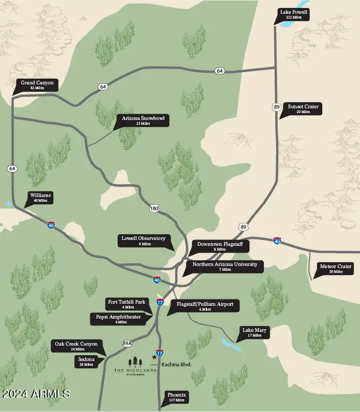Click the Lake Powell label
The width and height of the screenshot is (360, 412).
pos(293,14)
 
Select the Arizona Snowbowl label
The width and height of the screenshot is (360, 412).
pos(142,121)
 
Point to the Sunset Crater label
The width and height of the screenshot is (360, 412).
pos(303,109)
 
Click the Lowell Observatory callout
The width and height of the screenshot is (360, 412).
pos(143,241)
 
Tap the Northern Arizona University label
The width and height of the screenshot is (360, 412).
pos(225,267)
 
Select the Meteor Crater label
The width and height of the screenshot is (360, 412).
pos(336,269)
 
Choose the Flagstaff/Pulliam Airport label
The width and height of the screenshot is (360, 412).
pos(204,306)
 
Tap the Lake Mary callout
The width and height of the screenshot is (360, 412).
pos(255,332)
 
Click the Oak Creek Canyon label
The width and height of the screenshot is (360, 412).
pos(76,346)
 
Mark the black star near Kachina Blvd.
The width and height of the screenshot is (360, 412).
pos(155,357)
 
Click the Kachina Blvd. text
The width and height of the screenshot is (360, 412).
pos(176,365)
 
